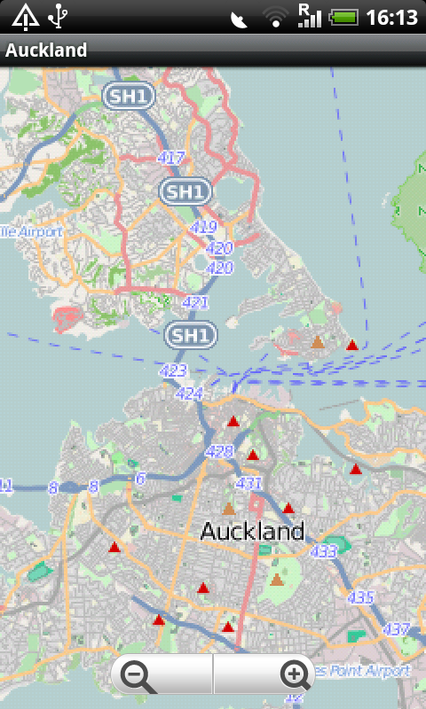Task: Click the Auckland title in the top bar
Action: tap(46, 51)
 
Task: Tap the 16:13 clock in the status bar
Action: tap(391, 17)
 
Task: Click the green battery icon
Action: tap(343, 17)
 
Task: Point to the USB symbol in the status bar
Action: tap(59, 15)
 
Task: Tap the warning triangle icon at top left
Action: tap(25, 16)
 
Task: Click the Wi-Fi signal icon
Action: tap(276, 17)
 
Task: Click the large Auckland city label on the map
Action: tap(252, 532)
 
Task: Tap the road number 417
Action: tap(170, 158)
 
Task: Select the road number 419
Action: tap(203, 228)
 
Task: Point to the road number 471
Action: tap(195, 302)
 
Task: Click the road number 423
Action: tap(174, 371)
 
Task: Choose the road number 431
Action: tap(248, 483)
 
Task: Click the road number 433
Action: tap(324, 551)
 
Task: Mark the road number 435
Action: tap(361, 597)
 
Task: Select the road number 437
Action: tap(396, 629)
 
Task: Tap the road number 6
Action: tap(139, 479)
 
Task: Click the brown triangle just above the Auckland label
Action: tap(229, 509)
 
